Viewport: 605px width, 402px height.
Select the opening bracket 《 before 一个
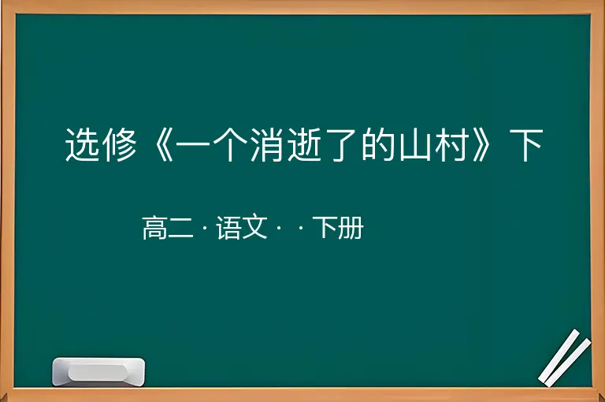tap(162, 145)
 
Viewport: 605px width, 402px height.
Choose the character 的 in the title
tap(378, 145)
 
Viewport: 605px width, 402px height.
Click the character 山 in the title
tap(415, 145)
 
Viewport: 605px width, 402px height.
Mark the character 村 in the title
tap(452, 145)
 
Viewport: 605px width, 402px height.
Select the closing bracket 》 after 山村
tap(481, 145)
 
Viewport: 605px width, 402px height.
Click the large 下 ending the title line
tap(526, 145)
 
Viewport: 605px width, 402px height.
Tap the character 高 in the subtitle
tap(154, 228)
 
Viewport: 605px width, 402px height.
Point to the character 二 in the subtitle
tap(180, 229)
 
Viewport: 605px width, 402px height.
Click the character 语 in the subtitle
tap(228, 228)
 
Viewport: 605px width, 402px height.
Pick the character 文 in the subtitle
tap(254, 228)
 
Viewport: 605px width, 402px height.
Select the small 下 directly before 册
tap(325, 228)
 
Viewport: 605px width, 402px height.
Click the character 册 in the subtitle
tap(351, 228)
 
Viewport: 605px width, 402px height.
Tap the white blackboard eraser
tap(98, 371)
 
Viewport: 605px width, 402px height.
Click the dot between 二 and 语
tap(205, 229)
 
